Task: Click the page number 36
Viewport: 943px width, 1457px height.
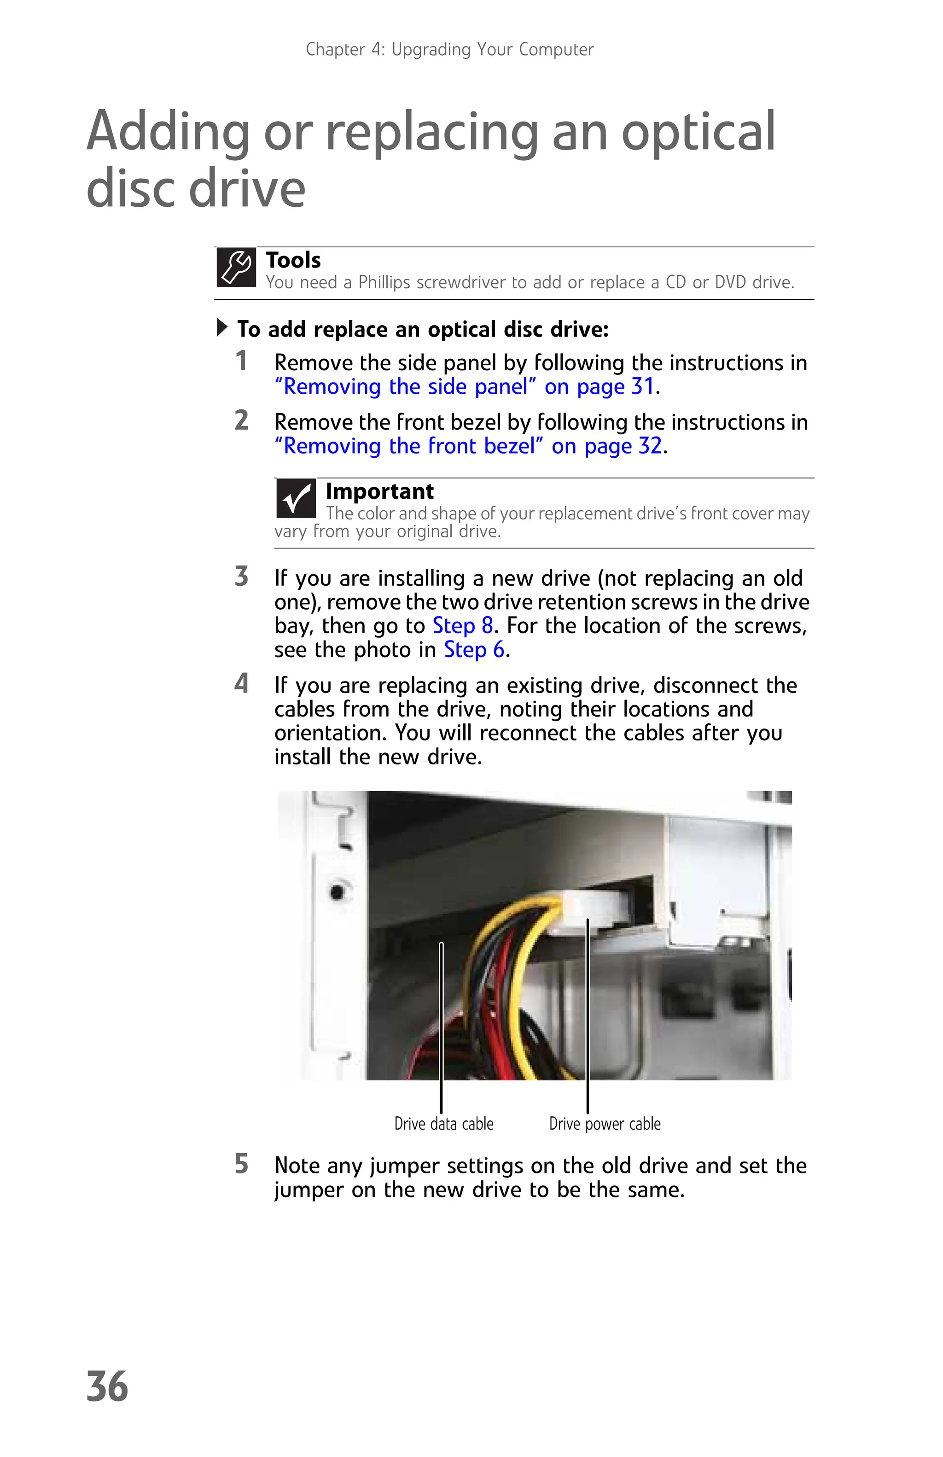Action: [x=107, y=1387]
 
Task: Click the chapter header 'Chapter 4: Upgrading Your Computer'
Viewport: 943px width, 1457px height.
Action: [x=449, y=50]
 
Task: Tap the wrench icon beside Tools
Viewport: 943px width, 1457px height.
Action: [x=236, y=268]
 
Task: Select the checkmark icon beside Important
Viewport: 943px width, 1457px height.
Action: [x=296, y=498]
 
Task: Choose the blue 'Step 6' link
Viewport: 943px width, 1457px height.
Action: [x=474, y=650]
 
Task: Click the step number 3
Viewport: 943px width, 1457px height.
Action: [x=242, y=577]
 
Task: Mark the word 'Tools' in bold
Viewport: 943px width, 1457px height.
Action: [x=293, y=260]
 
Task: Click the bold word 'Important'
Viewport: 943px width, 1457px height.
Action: [x=379, y=491]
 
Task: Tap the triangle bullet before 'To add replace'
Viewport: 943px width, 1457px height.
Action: [x=222, y=328]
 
